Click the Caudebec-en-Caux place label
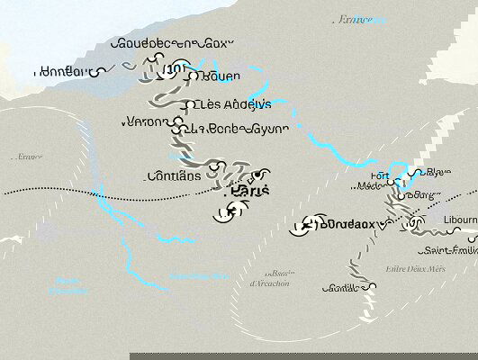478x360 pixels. tap(172, 42)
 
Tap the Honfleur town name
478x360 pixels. tap(63, 70)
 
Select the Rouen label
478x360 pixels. tap(221, 76)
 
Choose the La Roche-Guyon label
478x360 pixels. tap(239, 129)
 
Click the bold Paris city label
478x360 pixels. tap(251, 191)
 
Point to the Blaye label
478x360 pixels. tap(439, 172)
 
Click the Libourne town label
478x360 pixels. tap(460, 220)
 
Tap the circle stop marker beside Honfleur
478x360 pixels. tap(102, 69)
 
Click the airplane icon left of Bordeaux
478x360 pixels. tap(307, 224)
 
